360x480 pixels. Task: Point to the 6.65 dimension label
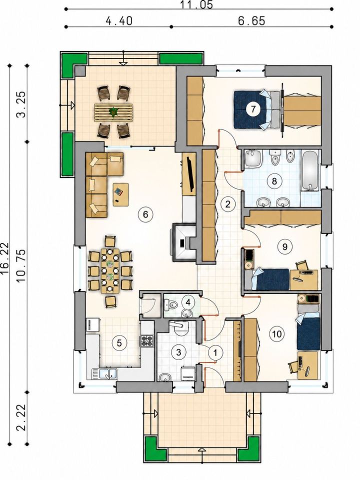point(251,21)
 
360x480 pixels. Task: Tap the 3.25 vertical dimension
point(22,104)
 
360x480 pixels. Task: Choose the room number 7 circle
point(253,108)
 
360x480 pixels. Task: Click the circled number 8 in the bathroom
point(274,181)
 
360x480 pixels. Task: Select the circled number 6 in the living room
point(145,214)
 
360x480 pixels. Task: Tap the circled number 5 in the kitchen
point(119,343)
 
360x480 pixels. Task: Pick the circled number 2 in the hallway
point(227,204)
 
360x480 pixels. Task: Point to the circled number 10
point(276,333)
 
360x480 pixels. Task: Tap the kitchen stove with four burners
point(146,340)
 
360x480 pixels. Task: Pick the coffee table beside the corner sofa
point(121,194)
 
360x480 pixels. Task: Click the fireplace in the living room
point(184,242)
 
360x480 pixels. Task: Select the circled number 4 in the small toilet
point(188,302)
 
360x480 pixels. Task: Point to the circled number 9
point(284,246)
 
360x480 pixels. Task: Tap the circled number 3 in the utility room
point(178,352)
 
